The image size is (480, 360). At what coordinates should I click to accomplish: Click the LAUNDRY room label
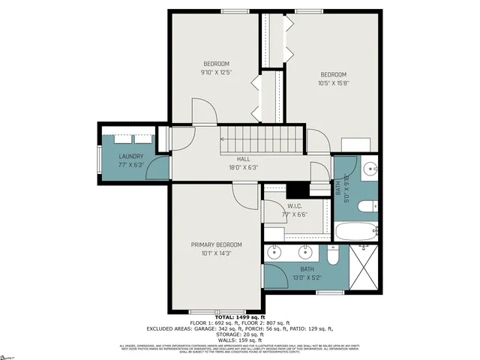[130, 157]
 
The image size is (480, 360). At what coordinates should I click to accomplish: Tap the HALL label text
[244, 159]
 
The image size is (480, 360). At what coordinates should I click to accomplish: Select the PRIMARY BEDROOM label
[216, 244]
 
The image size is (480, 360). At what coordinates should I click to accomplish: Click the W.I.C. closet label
[295, 206]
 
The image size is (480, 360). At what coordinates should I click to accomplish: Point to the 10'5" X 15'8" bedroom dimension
[334, 83]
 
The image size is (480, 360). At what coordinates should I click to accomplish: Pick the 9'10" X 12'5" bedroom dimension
[216, 73]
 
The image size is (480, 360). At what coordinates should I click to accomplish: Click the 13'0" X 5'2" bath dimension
[307, 277]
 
